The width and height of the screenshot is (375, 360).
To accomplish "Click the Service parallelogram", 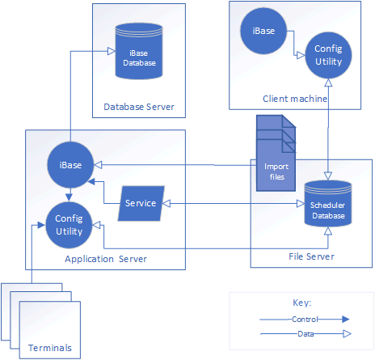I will [141, 204].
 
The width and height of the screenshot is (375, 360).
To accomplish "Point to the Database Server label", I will [139, 107].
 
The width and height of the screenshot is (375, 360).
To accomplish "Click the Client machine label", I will [295, 99].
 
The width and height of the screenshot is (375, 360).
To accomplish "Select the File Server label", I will [311, 256].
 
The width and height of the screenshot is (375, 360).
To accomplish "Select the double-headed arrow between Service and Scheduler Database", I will [234, 204].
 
